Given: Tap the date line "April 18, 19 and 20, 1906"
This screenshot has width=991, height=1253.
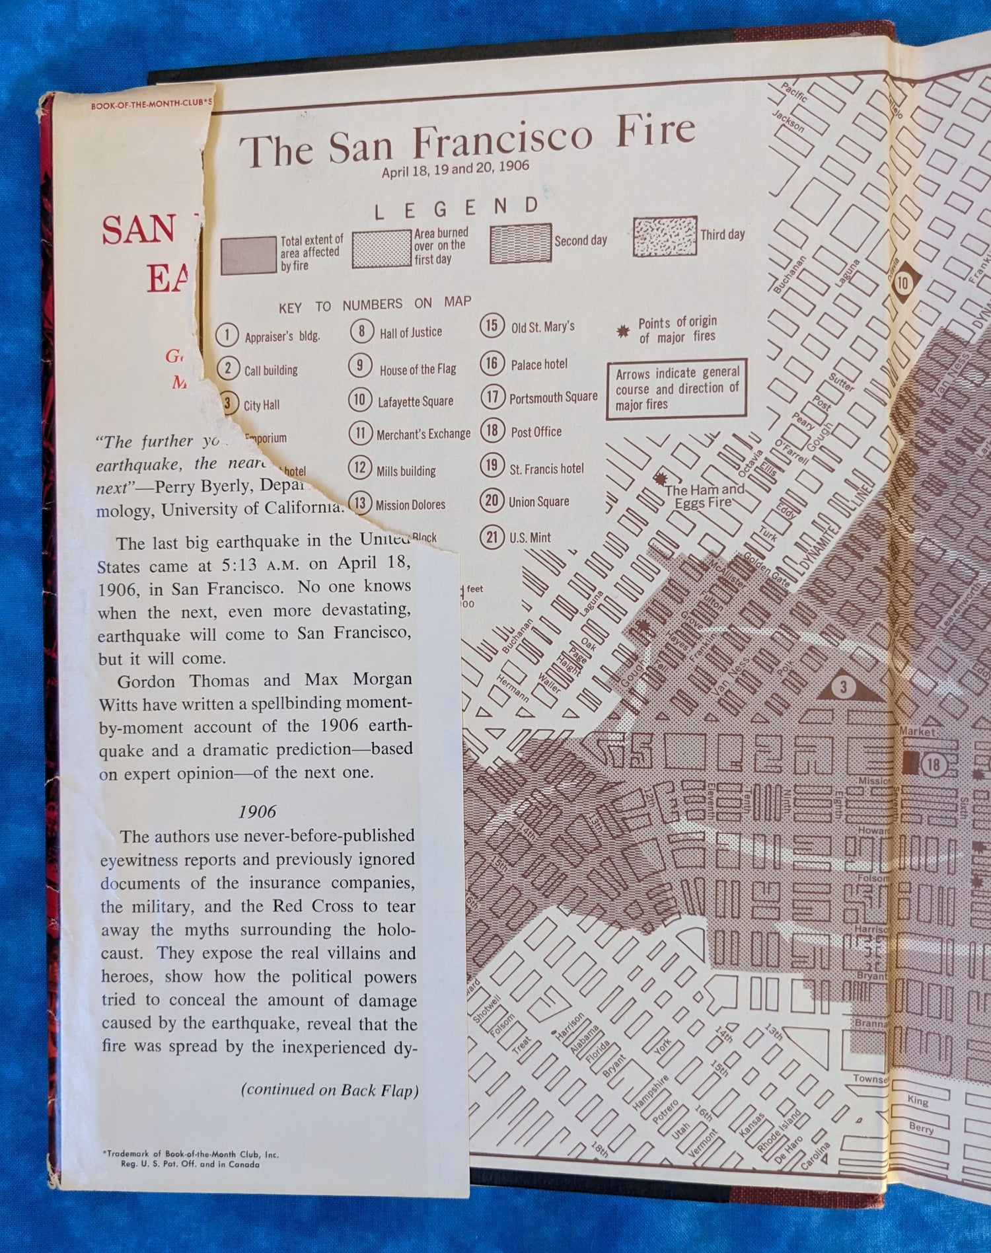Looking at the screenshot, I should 455,169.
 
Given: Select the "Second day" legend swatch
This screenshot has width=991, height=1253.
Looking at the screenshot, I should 521,243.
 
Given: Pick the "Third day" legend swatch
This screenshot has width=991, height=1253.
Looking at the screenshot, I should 665,236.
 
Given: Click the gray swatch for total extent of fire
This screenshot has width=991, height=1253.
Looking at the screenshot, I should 248,256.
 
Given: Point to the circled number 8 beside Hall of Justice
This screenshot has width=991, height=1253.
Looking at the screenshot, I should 361,330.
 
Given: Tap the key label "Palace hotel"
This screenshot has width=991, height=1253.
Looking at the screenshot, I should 538,364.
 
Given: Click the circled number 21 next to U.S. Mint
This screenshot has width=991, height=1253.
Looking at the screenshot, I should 492,537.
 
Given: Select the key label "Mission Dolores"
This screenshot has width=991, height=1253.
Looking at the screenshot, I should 410,505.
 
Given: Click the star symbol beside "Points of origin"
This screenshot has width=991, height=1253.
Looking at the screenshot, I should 622,331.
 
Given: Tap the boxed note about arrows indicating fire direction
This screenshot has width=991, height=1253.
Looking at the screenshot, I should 677,389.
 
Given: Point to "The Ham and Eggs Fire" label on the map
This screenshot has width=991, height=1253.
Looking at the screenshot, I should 704,496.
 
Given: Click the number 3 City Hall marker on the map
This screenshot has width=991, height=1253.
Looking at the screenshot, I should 843,687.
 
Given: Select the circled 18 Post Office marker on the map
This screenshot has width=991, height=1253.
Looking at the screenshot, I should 933,765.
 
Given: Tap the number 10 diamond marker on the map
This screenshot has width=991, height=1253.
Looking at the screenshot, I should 902,283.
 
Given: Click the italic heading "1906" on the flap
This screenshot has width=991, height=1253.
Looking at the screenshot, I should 257,812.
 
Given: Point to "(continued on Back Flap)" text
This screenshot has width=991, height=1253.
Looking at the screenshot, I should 330,1090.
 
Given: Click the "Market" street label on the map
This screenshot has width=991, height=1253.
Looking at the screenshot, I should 917,732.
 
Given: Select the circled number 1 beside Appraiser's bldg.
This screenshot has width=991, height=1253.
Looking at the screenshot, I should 227,334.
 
